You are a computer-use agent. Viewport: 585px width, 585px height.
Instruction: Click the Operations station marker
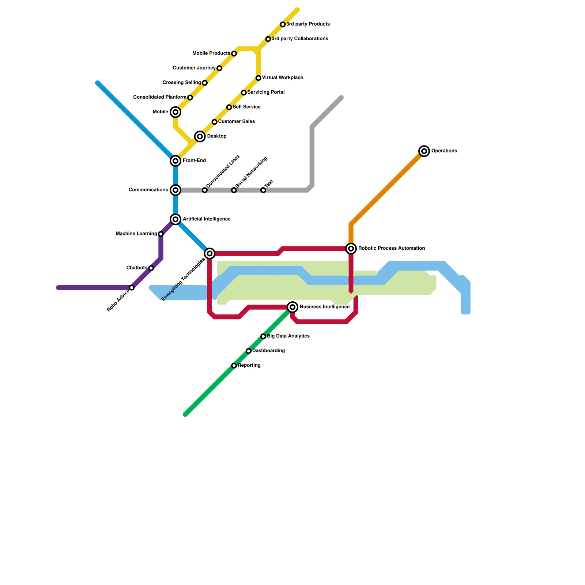[424, 151]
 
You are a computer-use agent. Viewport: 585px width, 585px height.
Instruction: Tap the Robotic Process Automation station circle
[351, 249]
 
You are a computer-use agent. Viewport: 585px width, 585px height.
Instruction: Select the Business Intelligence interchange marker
[292, 307]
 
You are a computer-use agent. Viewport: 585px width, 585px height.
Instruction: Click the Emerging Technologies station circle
[210, 253]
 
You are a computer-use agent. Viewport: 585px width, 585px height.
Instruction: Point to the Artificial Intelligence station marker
[175, 219]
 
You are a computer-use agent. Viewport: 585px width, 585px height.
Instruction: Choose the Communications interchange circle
[175, 190]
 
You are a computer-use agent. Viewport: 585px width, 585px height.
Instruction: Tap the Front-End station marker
[175, 161]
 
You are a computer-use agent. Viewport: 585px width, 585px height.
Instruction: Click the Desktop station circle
[200, 136]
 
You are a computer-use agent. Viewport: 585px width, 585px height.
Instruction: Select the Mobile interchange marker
[175, 112]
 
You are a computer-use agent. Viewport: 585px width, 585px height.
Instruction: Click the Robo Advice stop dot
[132, 288]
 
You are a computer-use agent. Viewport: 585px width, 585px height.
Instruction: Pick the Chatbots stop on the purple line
[151, 268]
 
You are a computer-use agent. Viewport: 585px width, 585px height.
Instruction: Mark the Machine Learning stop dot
[161, 234]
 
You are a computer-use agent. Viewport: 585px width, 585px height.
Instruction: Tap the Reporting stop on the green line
[234, 366]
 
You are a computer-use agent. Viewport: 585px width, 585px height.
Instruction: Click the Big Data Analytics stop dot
[263, 336]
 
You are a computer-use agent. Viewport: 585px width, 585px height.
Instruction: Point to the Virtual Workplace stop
[258, 78]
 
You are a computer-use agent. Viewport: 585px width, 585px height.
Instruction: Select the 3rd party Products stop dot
[283, 24]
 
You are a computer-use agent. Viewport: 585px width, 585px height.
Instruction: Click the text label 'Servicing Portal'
[266, 93]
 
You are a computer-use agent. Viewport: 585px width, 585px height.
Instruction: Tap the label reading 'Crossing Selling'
[182, 83]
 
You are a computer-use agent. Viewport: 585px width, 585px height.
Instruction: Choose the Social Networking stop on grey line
[234, 190]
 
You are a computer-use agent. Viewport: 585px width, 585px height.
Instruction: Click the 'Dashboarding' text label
[269, 351]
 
